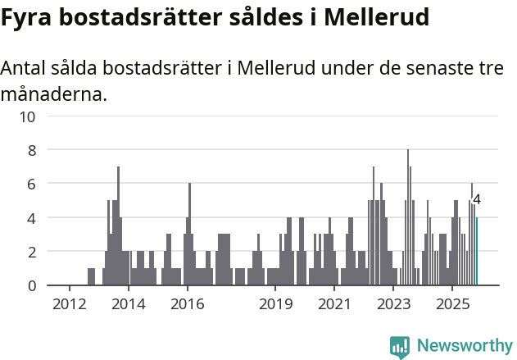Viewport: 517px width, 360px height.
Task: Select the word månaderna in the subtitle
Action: (53, 94)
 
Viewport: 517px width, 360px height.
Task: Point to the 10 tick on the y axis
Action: (28, 116)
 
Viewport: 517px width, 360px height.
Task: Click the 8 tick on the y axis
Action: (32, 151)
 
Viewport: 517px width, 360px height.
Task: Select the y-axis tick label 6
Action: (32, 185)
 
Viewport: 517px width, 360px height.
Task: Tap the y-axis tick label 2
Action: (32, 252)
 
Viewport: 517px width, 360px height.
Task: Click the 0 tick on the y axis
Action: (32, 286)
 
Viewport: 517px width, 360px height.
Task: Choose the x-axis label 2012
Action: (69, 304)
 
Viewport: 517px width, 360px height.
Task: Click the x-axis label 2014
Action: (128, 304)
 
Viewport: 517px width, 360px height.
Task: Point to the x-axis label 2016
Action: (187, 304)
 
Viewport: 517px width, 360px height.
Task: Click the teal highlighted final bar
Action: (476, 252)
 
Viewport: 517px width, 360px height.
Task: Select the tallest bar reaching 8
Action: (408, 217)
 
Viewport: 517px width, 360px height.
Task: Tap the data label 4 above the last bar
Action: (477, 199)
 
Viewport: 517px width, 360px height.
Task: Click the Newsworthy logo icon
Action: (400, 347)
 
